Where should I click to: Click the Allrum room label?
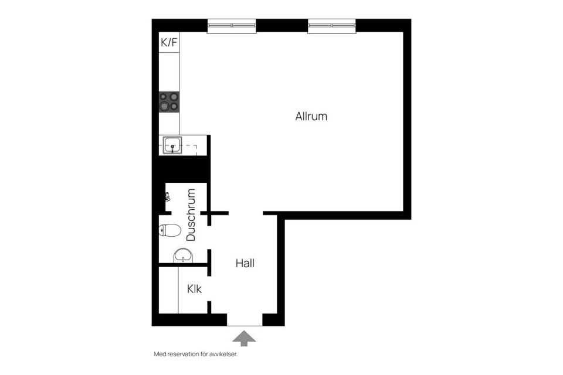coord(311,116)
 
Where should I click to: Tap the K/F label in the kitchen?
coord(169,43)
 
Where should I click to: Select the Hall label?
coord(245,264)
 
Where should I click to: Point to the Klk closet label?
coord(194,289)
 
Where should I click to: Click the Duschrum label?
coord(191,215)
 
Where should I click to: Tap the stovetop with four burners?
coord(169,101)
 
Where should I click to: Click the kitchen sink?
coord(172,145)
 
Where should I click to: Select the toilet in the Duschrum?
coord(170,230)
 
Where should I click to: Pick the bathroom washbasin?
coord(183,255)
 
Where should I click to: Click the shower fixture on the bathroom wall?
coord(167,197)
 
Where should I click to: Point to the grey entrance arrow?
coord(244,339)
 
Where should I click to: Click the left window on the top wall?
coord(232,26)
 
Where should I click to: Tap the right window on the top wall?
coord(332,26)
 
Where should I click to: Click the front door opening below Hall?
coord(245,320)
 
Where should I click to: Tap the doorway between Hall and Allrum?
coord(246,213)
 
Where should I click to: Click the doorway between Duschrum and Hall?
coord(209,237)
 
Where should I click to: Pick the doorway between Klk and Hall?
coord(209,289)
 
